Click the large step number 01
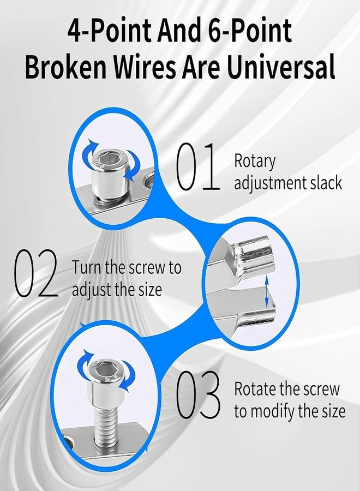[x=197, y=166]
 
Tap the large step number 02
[x=35, y=273]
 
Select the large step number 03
[x=198, y=394]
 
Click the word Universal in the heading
[x=280, y=67]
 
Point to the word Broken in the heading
[x=66, y=67]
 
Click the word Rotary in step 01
[x=255, y=162]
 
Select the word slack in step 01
[x=326, y=183]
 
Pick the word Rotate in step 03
[x=255, y=388]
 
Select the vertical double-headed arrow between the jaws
[x=267, y=292]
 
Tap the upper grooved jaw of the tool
[x=250, y=254]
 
